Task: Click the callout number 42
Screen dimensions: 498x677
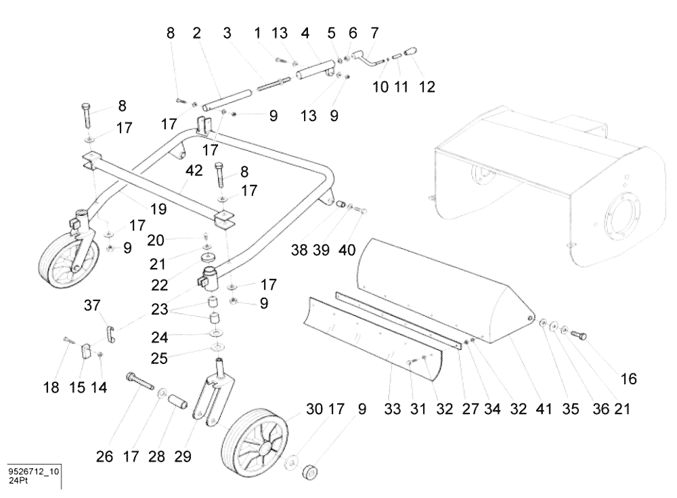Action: click(x=194, y=172)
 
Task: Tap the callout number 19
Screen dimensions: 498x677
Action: click(x=158, y=210)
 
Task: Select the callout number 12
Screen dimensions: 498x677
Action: click(x=427, y=87)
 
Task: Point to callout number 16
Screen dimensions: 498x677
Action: click(x=629, y=380)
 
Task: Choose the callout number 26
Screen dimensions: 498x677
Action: click(x=104, y=457)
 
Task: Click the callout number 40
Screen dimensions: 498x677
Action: click(x=347, y=250)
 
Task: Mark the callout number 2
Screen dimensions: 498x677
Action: click(x=197, y=32)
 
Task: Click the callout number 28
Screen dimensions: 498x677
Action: click(x=158, y=457)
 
